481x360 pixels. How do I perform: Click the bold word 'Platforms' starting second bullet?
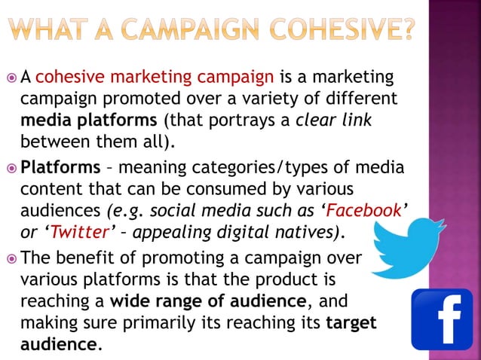(x=60, y=165)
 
